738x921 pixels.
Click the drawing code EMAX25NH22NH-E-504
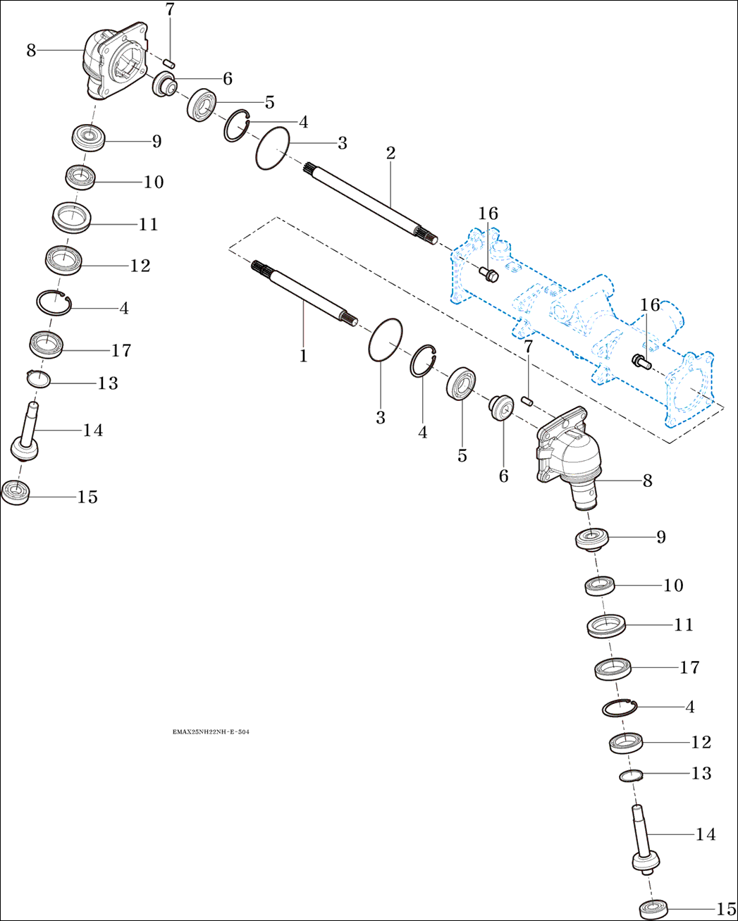click(211, 732)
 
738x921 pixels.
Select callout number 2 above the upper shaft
click(390, 153)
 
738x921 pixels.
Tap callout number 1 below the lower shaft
click(303, 356)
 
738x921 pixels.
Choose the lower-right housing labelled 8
click(570, 458)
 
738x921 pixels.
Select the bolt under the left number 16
click(488, 273)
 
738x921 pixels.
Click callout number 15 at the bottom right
click(726, 909)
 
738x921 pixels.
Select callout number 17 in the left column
click(121, 350)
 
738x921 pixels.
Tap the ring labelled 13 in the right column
click(632, 776)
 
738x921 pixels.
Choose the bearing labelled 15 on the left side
click(16, 491)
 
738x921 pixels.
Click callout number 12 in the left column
click(140, 266)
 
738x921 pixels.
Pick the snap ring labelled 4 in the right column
click(620, 707)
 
